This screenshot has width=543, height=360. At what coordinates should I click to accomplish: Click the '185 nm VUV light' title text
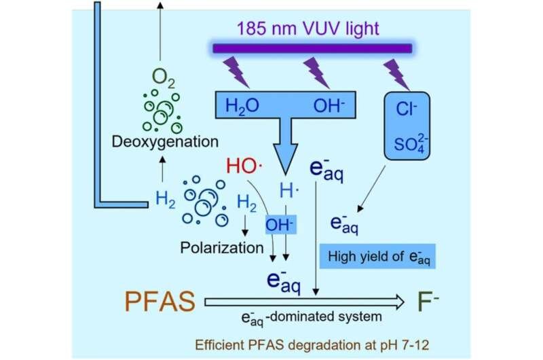tap(310, 30)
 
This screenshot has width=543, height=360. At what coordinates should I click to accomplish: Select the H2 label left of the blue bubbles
tap(165, 200)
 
